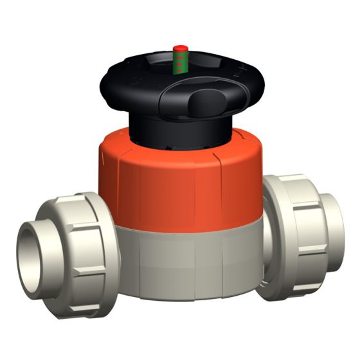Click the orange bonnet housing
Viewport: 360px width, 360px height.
coord(180,180)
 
